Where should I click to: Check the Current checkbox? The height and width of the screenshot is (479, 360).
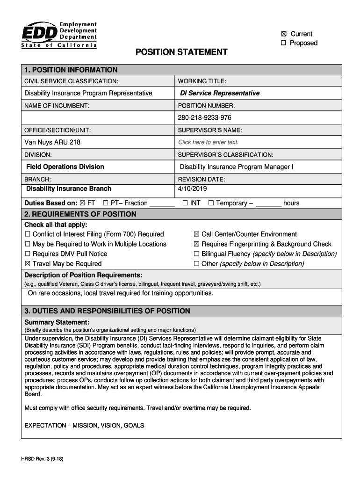(283, 34)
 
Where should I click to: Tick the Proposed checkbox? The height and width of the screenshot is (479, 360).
(283, 44)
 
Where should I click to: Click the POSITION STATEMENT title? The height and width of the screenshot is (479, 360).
(181, 52)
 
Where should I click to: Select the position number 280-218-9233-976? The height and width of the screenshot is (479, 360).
(204, 118)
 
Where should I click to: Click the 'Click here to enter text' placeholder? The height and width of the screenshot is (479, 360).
(208, 142)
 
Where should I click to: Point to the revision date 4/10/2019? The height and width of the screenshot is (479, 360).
(192, 189)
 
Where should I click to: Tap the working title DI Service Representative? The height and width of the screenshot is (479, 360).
(220, 93)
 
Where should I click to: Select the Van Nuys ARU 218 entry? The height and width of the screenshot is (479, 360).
(52, 142)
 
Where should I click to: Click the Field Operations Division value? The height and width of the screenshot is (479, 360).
(65, 167)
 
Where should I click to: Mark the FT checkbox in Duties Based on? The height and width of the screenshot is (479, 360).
(83, 203)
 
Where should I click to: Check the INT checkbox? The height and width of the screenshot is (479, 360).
(185, 203)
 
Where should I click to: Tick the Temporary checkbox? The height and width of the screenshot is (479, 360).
(211, 203)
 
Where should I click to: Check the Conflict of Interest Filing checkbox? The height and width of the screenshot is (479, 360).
(28, 234)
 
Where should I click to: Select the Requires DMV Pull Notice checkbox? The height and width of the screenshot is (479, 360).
(28, 254)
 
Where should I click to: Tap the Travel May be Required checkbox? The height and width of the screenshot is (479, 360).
(28, 264)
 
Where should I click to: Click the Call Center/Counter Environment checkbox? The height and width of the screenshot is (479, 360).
(196, 234)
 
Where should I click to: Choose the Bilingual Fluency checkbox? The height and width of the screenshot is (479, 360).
(196, 254)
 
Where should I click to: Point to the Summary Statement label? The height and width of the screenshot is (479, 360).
(57, 322)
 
